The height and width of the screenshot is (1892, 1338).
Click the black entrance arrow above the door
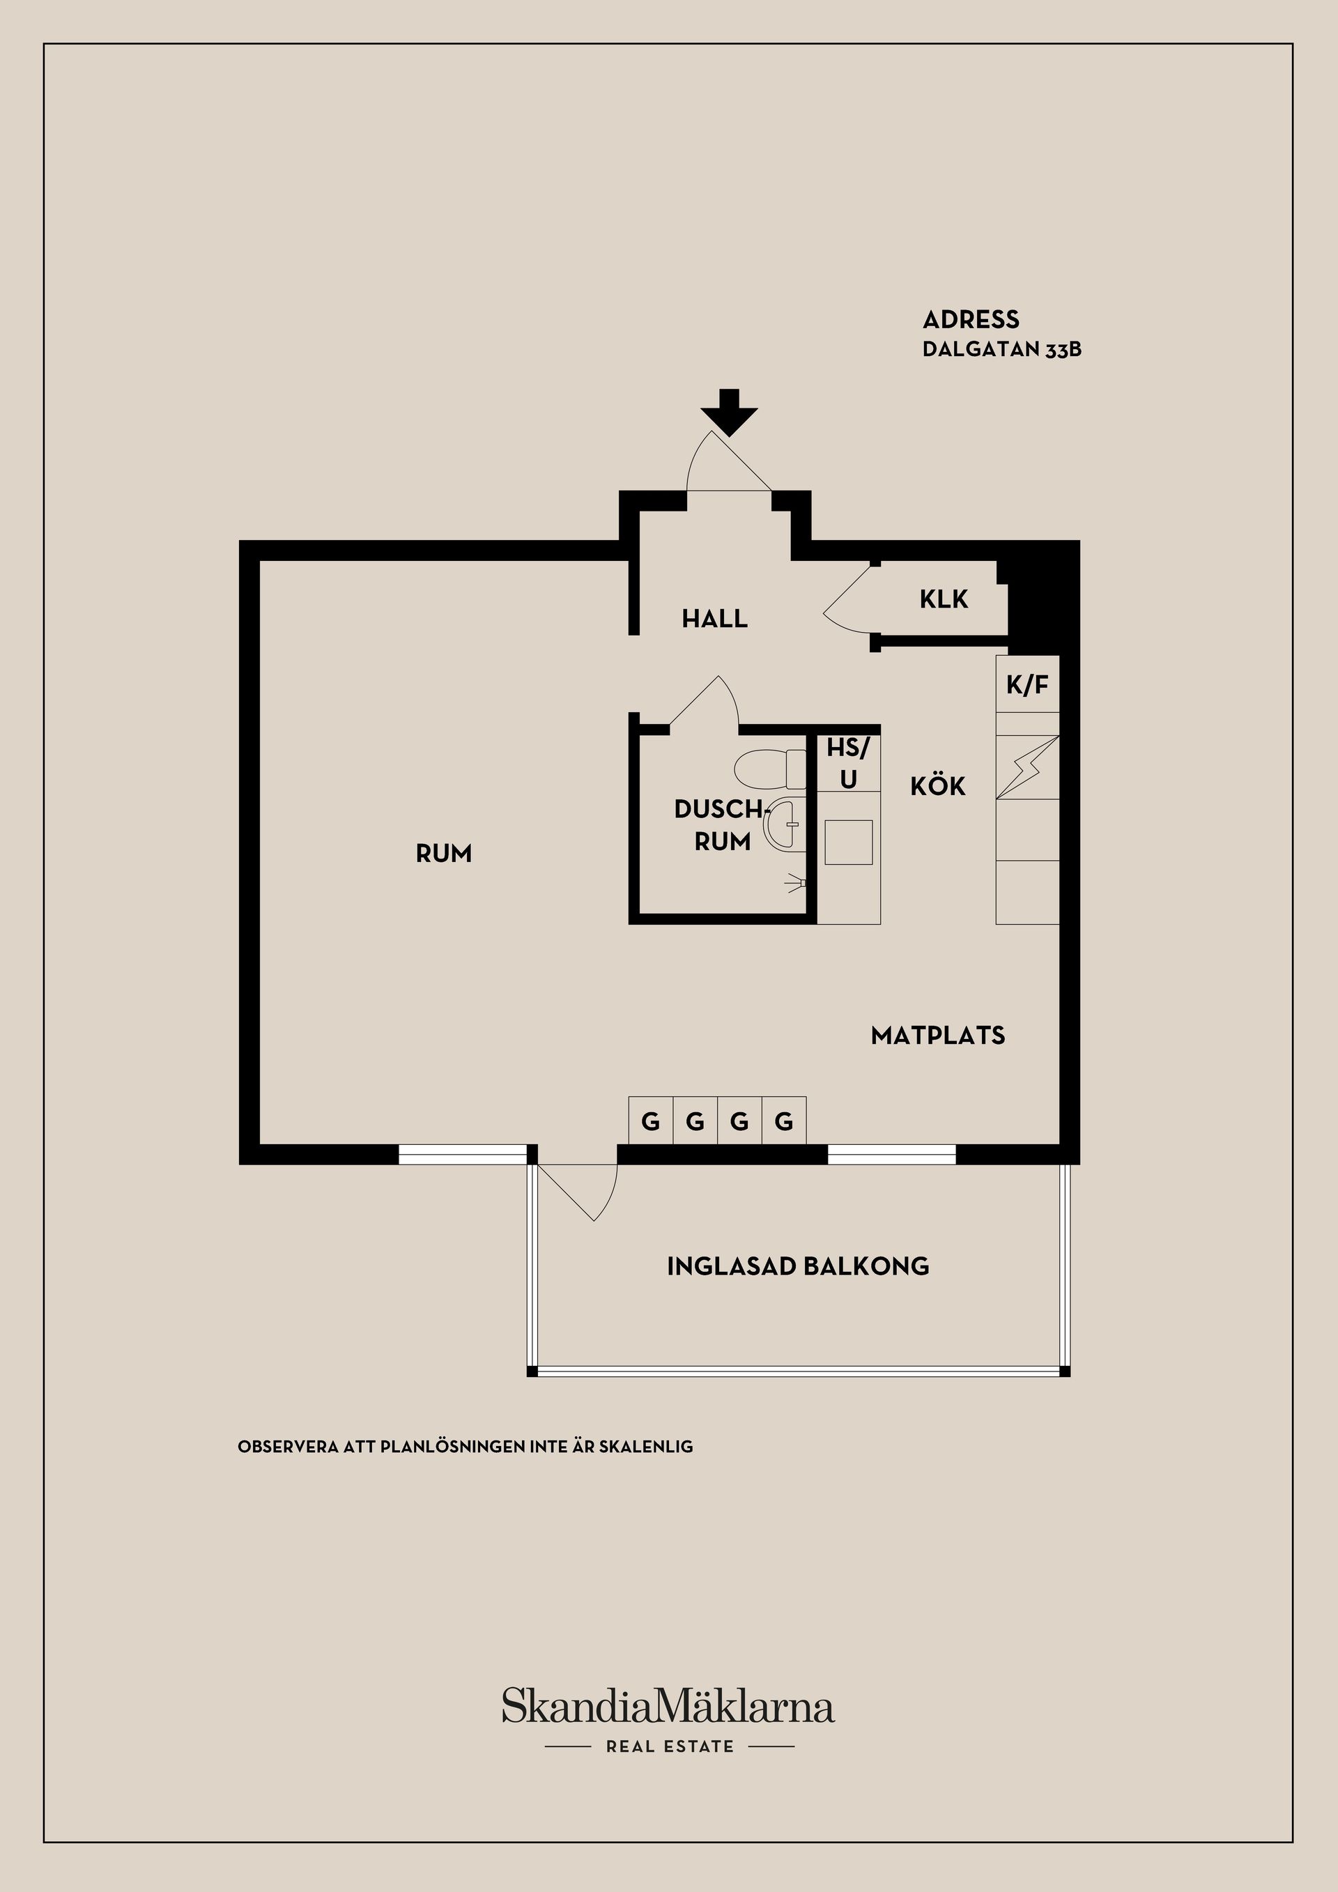point(729,412)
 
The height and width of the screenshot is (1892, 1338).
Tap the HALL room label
point(714,618)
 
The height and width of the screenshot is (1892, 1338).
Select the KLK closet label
point(944,599)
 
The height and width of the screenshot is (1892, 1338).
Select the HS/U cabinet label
point(848,763)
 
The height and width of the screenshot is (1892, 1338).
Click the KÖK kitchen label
point(937,786)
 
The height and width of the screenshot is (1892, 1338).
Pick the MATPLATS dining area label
point(937,1035)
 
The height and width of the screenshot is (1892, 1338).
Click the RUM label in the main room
point(443,854)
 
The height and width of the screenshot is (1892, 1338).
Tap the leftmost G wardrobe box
point(650,1121)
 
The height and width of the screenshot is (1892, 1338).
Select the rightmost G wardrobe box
point(783,1121)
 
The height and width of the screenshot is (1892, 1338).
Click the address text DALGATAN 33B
point(1001,349)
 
